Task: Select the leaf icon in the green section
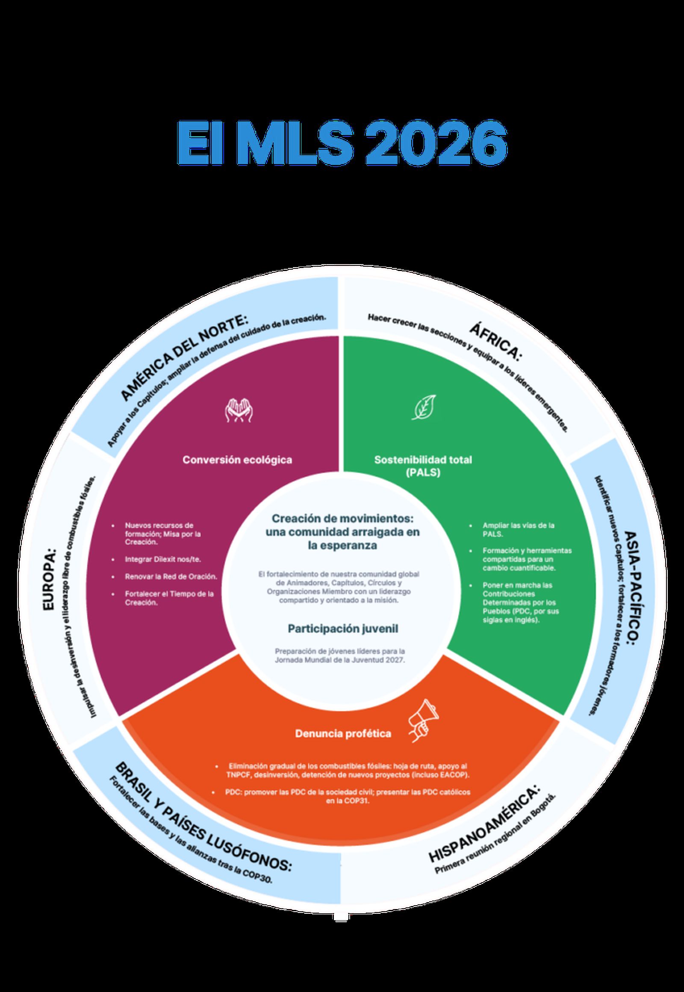[424, 406]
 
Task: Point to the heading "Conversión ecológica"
[237, 460]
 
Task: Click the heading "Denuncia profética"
[343, 733]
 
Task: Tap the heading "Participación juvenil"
[342, 629]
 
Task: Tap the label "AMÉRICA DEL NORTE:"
[184, 356]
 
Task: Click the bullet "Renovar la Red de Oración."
[171, 577]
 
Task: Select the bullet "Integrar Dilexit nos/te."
[163, 559]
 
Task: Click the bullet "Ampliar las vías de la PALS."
[518, 530]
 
